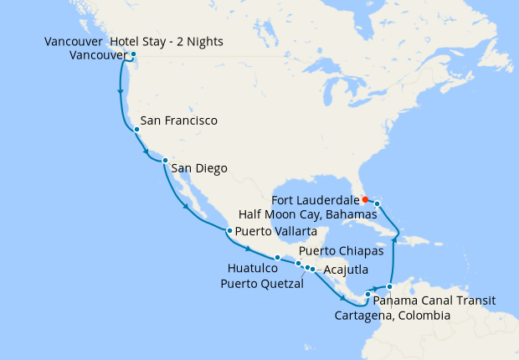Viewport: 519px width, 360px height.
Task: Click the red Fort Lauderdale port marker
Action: tap(365, 199)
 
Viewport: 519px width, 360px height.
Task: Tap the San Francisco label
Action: tap(179, 121)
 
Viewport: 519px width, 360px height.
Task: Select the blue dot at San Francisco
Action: tap(136, 130)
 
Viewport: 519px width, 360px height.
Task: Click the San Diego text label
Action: tap(199, 169)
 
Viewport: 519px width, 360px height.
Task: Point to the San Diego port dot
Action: tap(165, 160)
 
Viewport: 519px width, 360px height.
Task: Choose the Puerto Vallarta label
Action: tap(276, 231)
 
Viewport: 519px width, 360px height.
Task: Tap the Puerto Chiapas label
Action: tap(342, 250)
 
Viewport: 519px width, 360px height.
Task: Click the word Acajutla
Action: tap(345, 270)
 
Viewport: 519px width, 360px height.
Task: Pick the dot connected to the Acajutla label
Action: tap(312, 269)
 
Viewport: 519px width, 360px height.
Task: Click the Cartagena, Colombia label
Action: tap(392, 316)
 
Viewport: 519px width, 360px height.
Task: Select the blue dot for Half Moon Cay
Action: tap(378, 203)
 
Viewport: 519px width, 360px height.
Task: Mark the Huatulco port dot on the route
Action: tap(277, 257)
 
